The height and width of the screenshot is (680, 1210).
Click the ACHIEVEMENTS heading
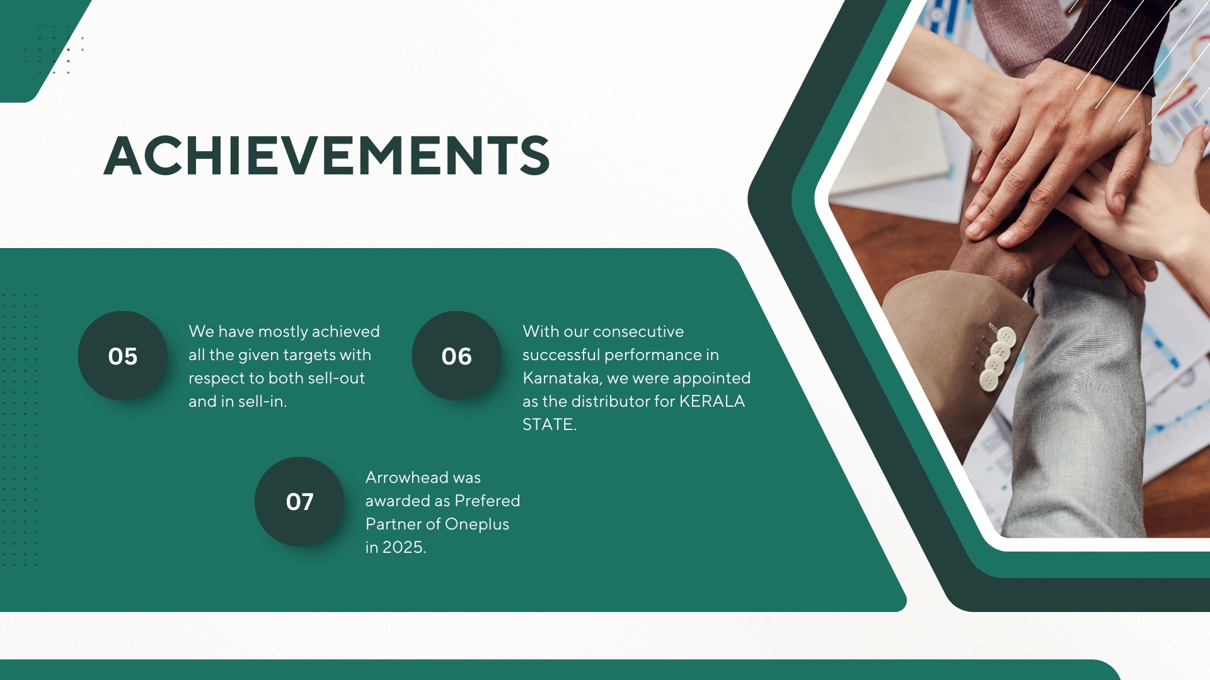tap(326, 155)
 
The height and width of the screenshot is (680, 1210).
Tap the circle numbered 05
tap(123, 356)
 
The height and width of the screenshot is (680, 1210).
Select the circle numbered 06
tap(457, 356)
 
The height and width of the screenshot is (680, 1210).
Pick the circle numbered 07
tap(299, 502)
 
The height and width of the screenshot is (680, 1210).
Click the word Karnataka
tap(562, 378)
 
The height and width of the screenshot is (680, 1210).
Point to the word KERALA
tap(712, 401)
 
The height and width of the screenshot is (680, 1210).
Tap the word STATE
tap(550, 424)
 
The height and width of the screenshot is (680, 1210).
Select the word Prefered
tap(487, 501)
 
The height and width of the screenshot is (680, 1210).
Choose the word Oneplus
tap(477, 524)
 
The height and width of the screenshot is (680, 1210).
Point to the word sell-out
tap(337, 378)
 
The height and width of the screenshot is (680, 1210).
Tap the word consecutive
tap(638, 331)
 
